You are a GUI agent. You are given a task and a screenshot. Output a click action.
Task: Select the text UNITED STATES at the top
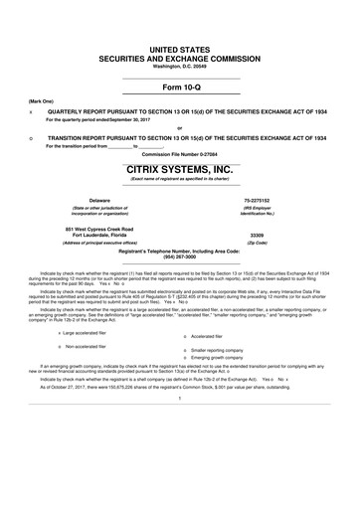click(x=179, y=49)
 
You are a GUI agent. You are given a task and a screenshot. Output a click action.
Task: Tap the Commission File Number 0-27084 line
click(x=179, y=154)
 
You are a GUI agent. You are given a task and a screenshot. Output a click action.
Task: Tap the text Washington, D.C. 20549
click(x=179, y=66)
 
